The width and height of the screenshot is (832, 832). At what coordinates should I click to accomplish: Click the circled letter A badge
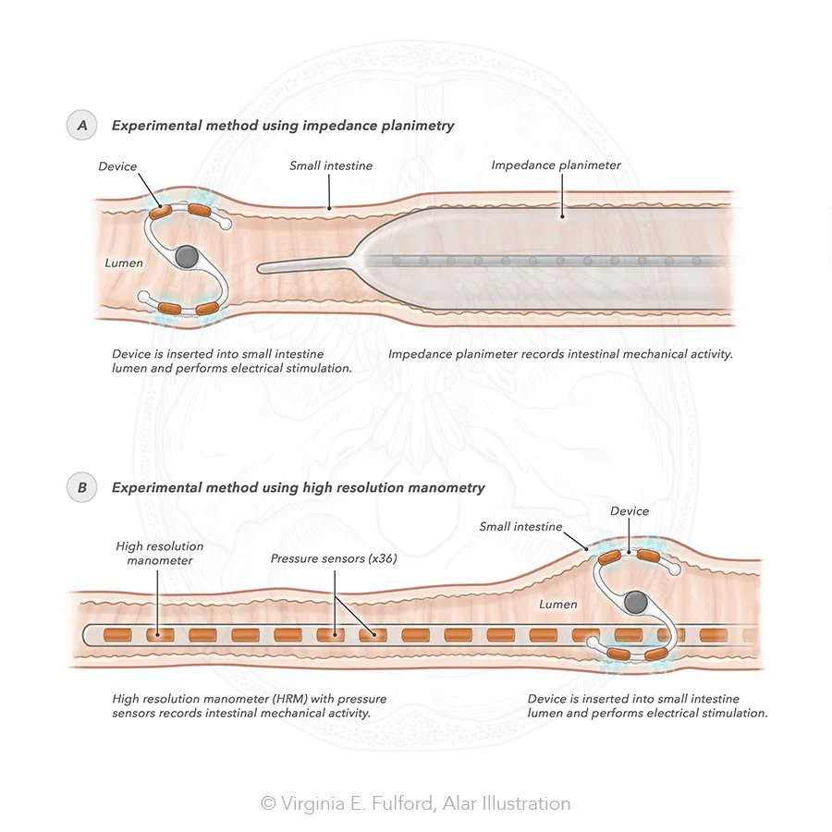point(80,126)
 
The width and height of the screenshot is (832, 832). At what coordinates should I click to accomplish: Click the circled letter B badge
point(80,487)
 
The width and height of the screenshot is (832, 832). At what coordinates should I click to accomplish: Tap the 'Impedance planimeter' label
point(556,165)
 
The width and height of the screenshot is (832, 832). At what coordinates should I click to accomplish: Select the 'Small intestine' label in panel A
point(331,166)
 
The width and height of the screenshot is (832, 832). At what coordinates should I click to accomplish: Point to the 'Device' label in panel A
point(117,166)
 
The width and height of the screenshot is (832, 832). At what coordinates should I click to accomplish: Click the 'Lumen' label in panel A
point(124,263)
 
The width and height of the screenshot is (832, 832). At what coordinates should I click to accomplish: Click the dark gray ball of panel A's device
point(188,257)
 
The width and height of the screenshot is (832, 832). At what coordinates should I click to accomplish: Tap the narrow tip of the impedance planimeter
point(268,268)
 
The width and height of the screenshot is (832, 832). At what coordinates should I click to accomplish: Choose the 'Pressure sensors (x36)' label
point(333,559)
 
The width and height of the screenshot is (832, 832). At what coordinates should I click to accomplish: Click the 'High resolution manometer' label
point(159,553)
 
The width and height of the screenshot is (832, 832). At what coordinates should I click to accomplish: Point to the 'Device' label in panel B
point(630,511)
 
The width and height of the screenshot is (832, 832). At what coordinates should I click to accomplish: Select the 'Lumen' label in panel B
point(557,605)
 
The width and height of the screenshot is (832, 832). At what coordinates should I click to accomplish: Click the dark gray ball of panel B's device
point(635,603)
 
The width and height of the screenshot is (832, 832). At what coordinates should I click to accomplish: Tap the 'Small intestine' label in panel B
point(520,527)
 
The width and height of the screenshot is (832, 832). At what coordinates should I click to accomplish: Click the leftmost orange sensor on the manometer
point(116,635)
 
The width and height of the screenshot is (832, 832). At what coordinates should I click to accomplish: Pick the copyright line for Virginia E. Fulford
point(415,803)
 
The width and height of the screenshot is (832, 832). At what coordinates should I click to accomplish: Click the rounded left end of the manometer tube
point(88,635)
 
